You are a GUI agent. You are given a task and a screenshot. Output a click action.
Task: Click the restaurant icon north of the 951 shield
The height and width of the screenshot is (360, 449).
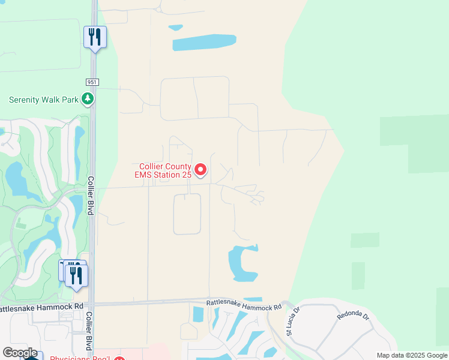[x=95, y=37]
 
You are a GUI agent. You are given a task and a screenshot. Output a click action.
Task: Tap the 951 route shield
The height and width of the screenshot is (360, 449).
[x=92, y=82]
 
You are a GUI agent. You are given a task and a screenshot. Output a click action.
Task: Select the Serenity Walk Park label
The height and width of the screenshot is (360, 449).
[x=44, y=100]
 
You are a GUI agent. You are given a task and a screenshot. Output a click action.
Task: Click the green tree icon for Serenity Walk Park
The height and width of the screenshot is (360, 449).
[x=88, y=98]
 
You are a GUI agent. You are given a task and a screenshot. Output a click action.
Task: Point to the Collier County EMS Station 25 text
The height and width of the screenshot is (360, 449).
[x=163, y=170]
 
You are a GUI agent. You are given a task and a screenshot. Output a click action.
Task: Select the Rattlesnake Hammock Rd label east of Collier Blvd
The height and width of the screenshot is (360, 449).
[x=244, y=305]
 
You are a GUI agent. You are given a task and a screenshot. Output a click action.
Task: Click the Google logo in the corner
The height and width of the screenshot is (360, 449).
[x=20, y=353]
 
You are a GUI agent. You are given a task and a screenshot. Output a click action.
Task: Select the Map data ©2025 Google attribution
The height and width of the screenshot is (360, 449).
[x=412, y=355]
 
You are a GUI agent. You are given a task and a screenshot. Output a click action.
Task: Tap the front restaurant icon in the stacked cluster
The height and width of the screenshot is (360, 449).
[x=76, y=275]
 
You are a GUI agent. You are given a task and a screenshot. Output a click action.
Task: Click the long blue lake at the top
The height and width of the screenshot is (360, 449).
[x=203, y=43]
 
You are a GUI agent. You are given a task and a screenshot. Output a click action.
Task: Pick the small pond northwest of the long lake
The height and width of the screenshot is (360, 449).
[x=176, y=28]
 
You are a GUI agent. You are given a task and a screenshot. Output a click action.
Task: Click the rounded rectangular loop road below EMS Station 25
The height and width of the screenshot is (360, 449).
[x=187, y=214]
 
